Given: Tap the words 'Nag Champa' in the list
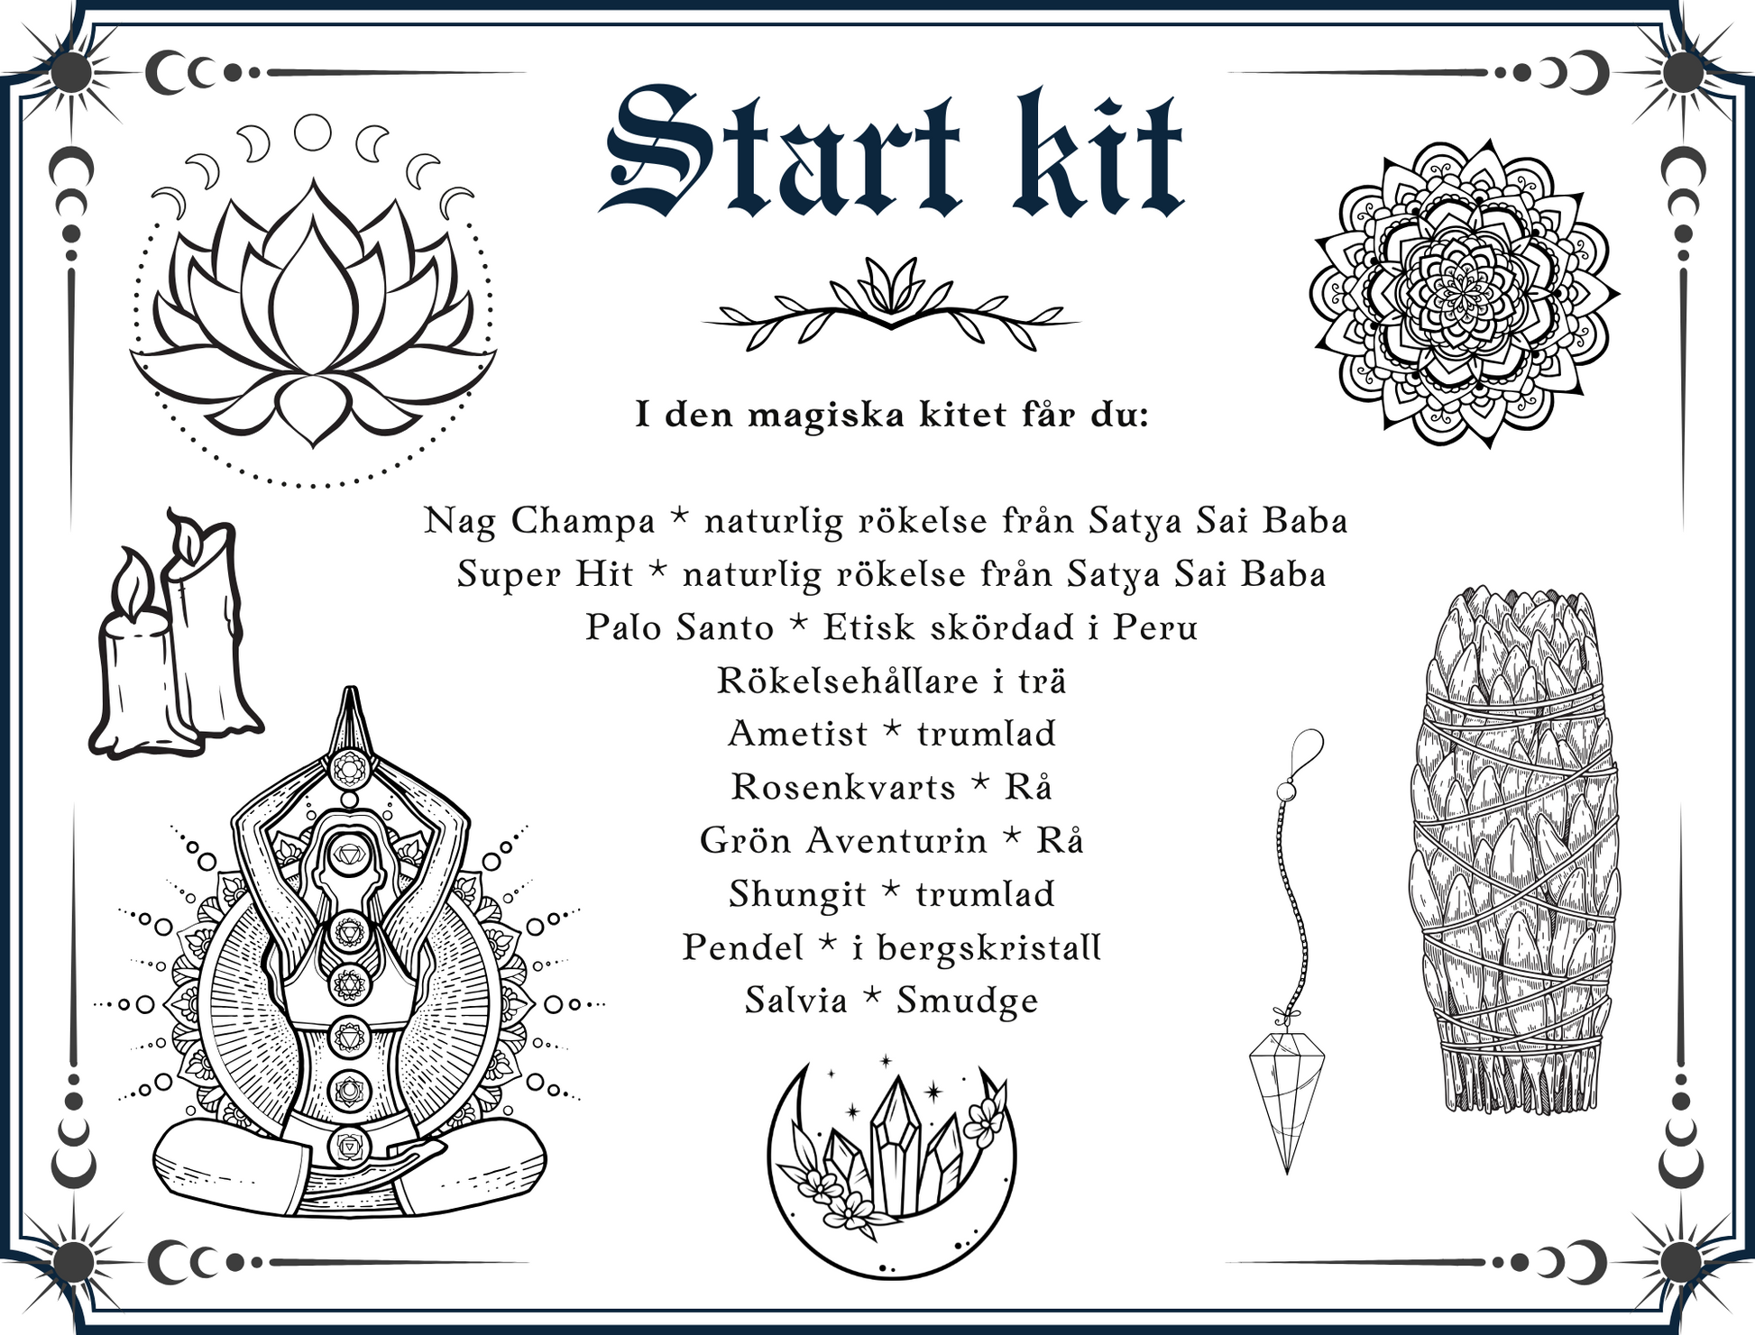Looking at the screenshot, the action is pyautogui.click(x=539, y=522).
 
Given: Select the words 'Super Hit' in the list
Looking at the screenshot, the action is pyautogui.click(x=545, y=574).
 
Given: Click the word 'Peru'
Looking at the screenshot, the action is pyautogui.click(x=1155, y=627).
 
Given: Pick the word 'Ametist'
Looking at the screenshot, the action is pyautogui.click(x=797, y=734).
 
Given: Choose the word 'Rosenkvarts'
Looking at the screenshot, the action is pyautogui.click(x=843, y=787).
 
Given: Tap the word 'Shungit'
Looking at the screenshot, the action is pyautogui.click(x=797, y=895).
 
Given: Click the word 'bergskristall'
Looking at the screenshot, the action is pyautogui.click(x=989, y=947).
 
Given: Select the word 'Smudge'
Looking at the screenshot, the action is pyautogui.click(x=967, y=1001).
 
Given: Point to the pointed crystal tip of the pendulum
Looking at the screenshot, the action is pyautogui.click(x=1287, y=1172).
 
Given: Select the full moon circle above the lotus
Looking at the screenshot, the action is pyautogui.click(x=313, y=133).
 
